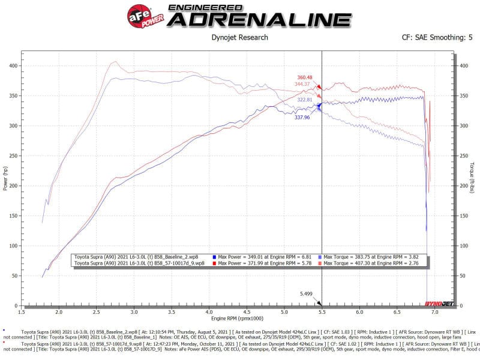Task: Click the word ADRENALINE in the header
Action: coord(259,19)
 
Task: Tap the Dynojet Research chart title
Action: coord(240,38)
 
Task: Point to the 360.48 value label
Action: coord(305,77)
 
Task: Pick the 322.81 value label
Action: coord(305,100)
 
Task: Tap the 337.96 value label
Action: coord(302,118)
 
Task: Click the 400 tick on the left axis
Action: coord(13,65)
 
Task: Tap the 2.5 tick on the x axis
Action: coord(97,313)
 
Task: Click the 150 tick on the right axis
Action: coord(465,216)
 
